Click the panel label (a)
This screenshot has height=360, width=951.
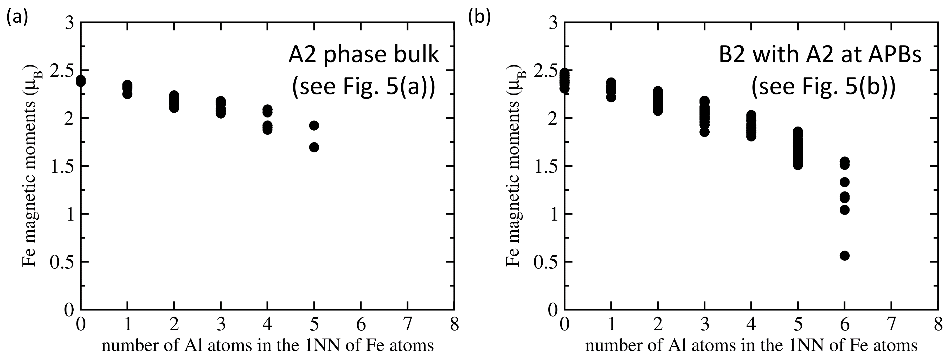point(17,17)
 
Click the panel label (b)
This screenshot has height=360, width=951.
point(479,17)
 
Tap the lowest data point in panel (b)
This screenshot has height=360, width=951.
point(845,255)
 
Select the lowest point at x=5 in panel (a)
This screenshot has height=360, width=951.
point(314,147)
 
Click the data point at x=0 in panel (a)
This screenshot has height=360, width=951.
point(81,81)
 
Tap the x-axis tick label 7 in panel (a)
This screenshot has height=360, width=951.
point(408,325)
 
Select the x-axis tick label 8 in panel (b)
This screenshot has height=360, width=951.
point(938,325)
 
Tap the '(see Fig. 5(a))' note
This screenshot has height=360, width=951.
point(364,87)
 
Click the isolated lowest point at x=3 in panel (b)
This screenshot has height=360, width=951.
point(704,132)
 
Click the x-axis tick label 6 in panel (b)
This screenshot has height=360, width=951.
point(845,325)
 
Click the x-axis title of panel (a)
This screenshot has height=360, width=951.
point(267,346)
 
